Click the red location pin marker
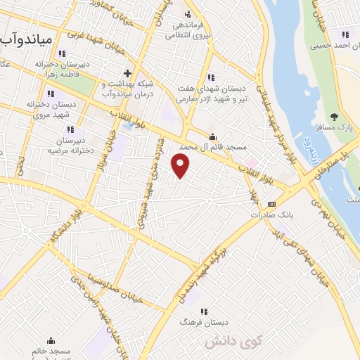181,166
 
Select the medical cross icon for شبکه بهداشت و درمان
127,73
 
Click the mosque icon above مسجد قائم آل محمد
212,136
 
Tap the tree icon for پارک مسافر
335,117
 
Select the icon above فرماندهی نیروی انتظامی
187,14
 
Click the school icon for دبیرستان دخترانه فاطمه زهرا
62,53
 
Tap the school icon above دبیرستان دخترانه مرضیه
70,129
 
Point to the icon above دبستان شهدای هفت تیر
210,77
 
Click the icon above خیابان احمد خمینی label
345,34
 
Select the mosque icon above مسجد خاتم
50,340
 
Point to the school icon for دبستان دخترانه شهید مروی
50,93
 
